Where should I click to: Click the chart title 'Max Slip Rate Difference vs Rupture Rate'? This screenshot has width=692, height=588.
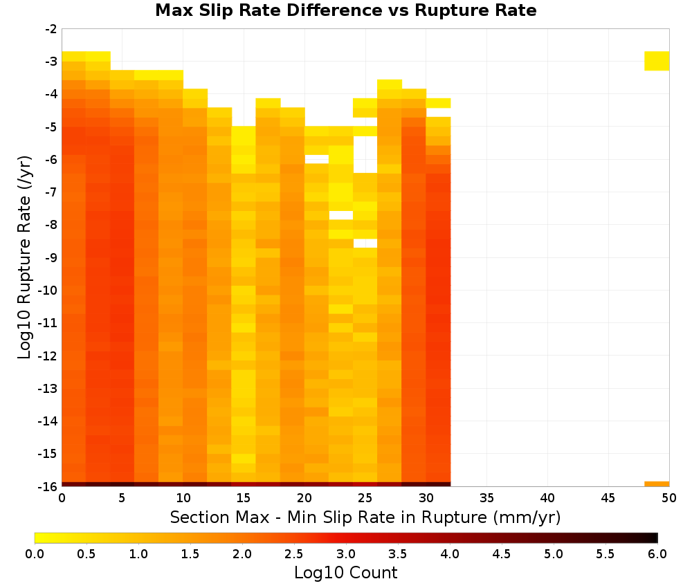click(345, 10)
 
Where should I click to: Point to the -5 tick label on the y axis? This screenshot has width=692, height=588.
click(51, 127)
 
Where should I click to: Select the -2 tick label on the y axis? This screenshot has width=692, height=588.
click(51, 29)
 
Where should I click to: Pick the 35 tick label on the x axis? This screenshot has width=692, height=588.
click(486, 498)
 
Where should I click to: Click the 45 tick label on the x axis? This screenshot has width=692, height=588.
click(608, 498)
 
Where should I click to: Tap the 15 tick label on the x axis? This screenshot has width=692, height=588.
click(244, 498)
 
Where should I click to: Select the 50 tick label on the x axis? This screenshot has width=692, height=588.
click(669, 498)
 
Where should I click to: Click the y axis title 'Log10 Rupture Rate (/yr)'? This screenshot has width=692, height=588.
click(24, 257)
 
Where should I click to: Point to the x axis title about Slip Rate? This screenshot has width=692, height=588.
click(365, 517)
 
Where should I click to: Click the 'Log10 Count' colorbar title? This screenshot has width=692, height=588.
click(346, 573)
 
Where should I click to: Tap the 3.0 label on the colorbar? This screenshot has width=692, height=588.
click(346, 553)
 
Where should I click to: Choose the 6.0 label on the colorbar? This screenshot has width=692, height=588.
click(657, 553)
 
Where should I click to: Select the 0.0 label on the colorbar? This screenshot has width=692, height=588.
click(35, 553)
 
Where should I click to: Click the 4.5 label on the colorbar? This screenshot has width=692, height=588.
click(502, 553)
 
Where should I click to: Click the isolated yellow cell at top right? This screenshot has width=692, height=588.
click(657, 61)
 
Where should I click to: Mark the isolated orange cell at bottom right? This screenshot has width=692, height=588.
click(657, 484)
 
